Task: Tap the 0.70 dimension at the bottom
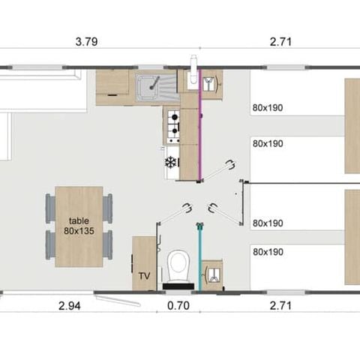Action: click(x=177, y=305)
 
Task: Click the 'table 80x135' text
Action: click(x=79, y=226)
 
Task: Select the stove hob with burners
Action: click(x=172, y=125)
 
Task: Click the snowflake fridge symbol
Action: click(x=170, y=162)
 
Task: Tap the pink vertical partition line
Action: click(x=199, y=127)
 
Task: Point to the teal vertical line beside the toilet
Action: click(x=199, y=255)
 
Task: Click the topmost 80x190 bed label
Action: click(x=268, y=106)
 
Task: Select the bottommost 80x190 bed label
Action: click(x=268, y=252)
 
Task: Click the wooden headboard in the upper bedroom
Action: click(x=352, y=125)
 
